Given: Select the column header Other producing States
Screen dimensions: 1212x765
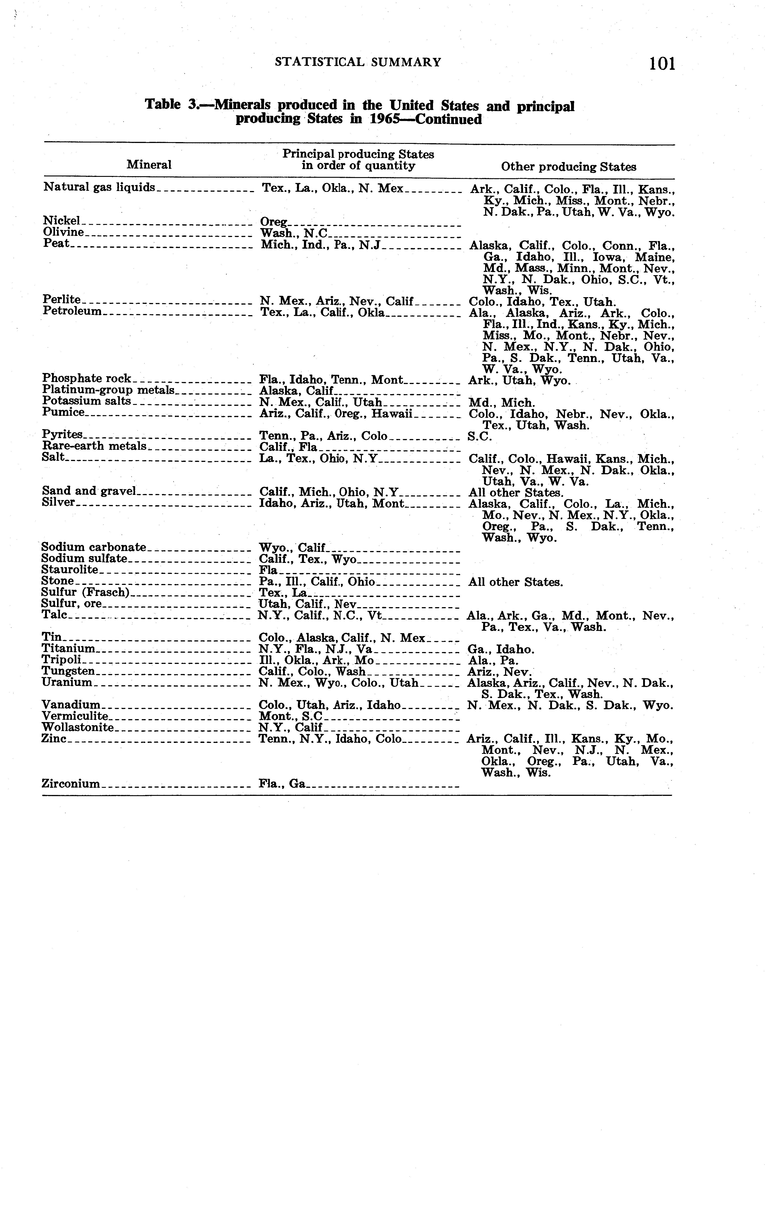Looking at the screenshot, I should click(x=568, y=167).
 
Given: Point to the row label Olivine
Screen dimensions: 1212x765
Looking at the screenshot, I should click(x=64, y=232).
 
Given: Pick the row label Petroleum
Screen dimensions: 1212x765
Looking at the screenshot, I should click(x=73, y=311).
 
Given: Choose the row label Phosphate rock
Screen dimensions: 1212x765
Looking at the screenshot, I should click(x=87, y=378).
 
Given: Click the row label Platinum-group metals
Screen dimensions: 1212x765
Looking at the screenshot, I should click(x=108, y=390).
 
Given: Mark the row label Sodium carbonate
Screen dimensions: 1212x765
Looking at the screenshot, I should click(x=94, y=547).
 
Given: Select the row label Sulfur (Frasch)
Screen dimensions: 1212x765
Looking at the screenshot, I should click(x=86, y=592).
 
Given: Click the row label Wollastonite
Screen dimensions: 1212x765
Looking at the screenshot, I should click(x=77, y=727).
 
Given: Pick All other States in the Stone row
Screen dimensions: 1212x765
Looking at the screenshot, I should click(x=515, y=582).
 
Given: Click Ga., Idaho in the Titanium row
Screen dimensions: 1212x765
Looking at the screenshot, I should click(x=501, y=650).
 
